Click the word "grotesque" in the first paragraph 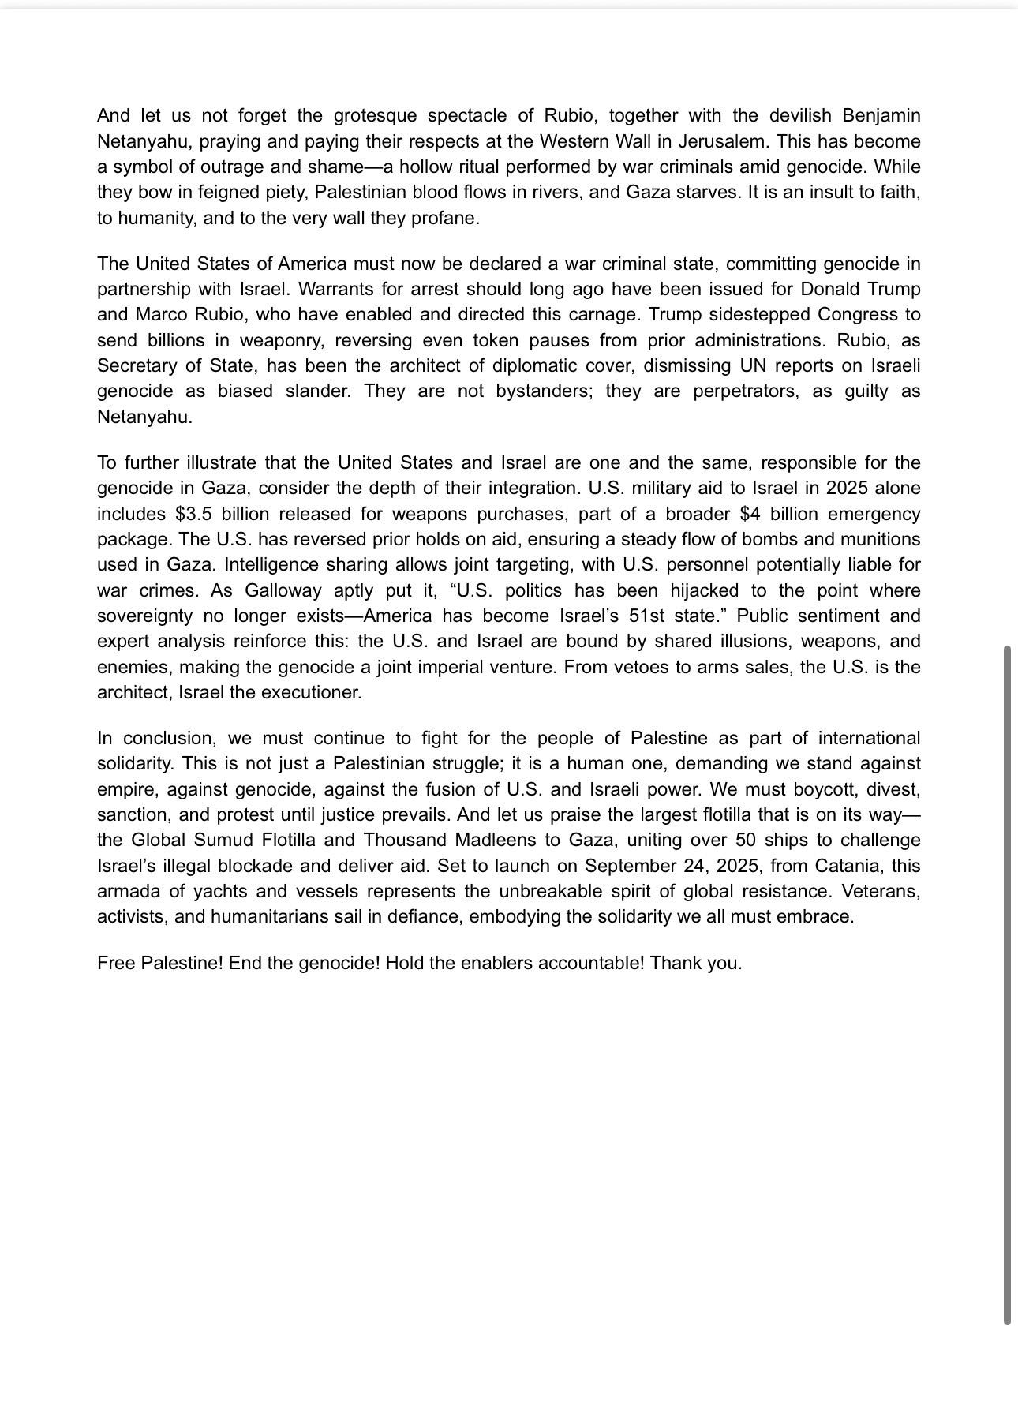coord(375,116)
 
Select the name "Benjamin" coord(881,116)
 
